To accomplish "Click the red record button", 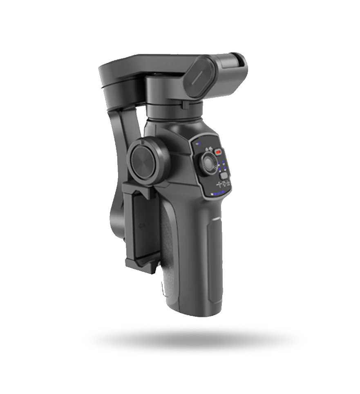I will (x=218, y=152).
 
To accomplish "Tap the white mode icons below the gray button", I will (x=224, y=185).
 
